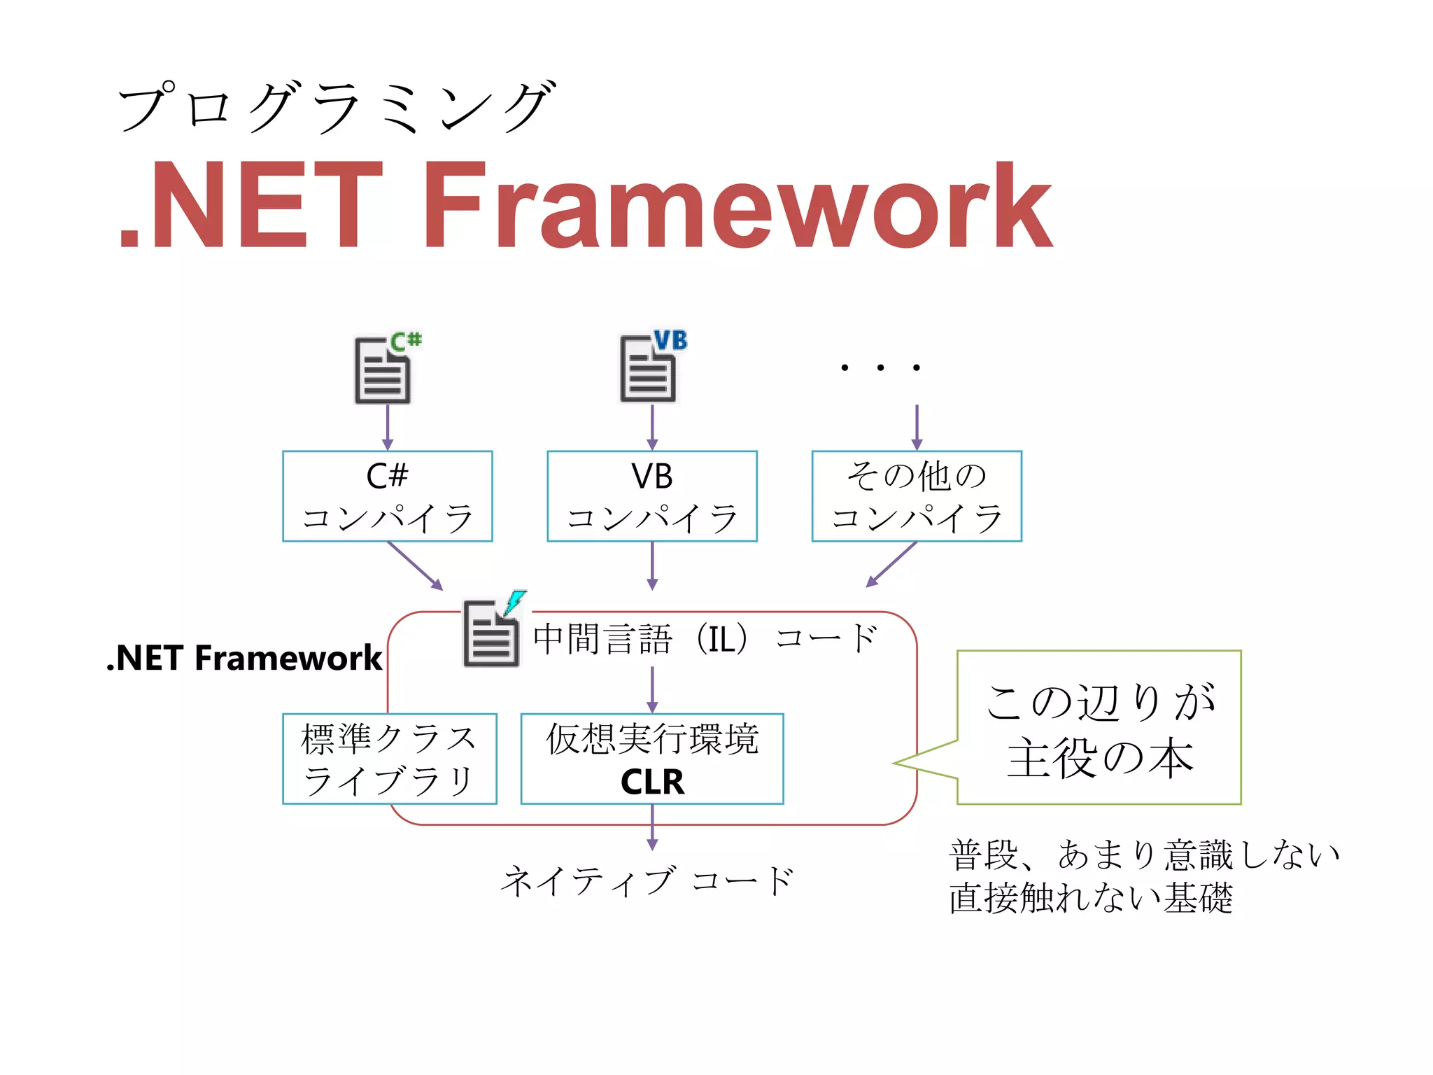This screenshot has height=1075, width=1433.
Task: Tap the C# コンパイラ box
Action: (x=387, y=496)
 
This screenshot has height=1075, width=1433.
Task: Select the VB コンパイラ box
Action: (x=651, y=496)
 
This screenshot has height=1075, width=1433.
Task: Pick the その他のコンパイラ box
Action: (x=916, y=496)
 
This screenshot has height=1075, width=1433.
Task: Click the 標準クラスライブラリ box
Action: (x=389, y=759)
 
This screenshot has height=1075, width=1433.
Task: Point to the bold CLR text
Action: (x=652, y=782)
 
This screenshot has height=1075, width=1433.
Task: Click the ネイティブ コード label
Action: (x=647, y=881)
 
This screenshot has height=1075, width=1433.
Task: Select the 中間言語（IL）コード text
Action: (x=705, y=639)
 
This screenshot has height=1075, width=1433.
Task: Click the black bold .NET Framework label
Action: (x=244, y=659)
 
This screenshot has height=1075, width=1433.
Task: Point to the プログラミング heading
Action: (x=336, y=107)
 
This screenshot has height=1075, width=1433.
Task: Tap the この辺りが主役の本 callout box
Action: (x=1099, y=728)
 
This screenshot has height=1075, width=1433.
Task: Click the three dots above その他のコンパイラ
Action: (x=880, y=367)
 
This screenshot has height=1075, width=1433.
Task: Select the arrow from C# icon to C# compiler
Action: (x=388, y=427)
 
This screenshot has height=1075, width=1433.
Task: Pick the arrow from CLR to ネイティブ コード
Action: (x=652, y=828)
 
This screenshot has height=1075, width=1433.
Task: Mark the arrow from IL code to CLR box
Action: (x=652, y=689)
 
